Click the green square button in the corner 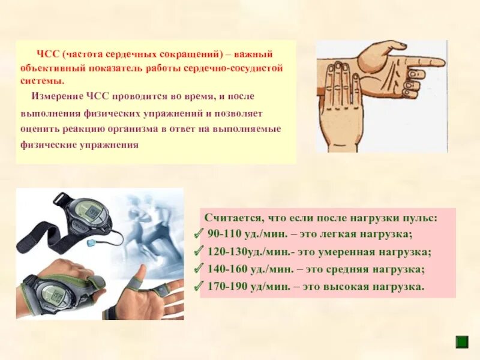click(x=461, y=342)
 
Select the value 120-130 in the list click(x=225, y=251)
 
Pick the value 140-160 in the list click(x=225, y=269)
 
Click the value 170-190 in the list click(x=225, y=286)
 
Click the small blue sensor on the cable click(x=92, y=244)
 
